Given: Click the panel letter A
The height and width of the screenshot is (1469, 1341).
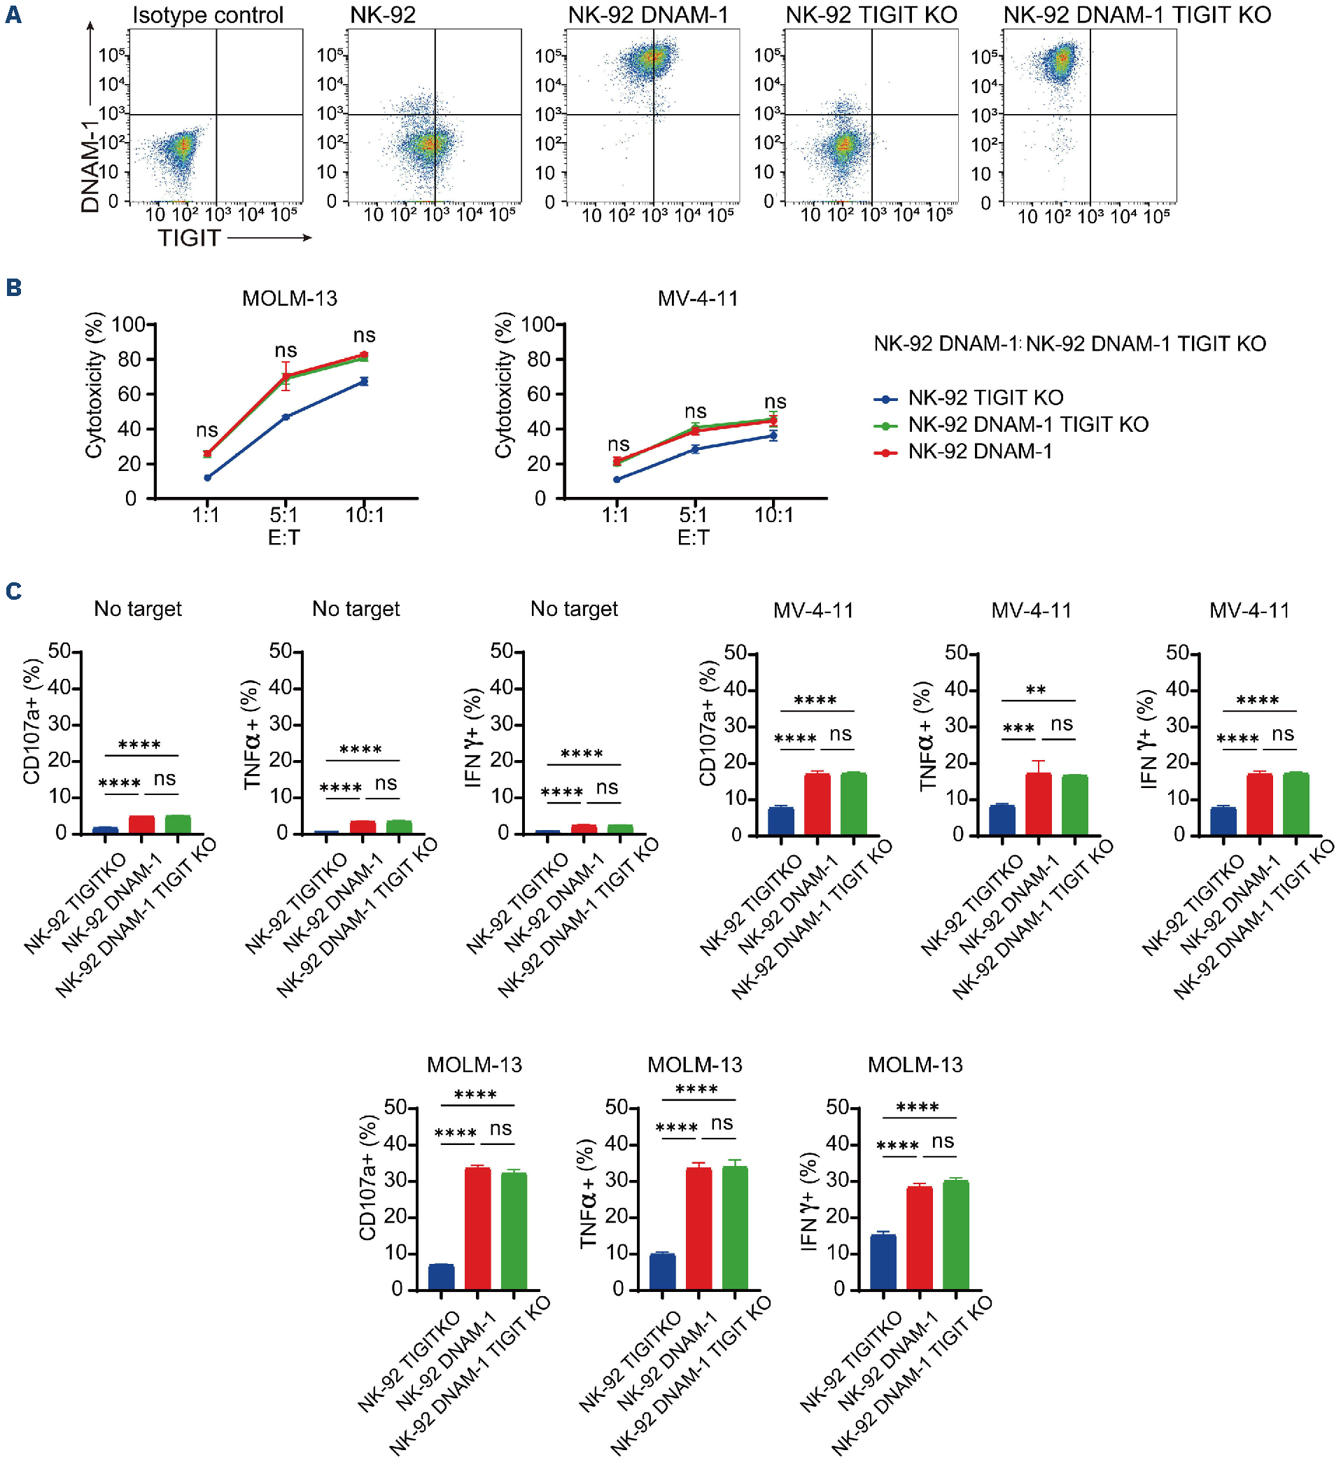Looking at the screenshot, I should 13,15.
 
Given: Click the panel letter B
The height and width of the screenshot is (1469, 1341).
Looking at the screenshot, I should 13,287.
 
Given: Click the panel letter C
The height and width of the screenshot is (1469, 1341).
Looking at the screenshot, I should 13,590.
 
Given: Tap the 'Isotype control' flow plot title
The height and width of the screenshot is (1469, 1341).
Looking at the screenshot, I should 208,15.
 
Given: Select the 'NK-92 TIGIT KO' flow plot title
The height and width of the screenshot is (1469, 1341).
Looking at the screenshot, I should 871,15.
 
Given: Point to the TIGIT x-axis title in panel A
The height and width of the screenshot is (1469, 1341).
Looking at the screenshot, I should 190,237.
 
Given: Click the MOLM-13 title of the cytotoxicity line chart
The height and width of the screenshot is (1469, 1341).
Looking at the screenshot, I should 289,298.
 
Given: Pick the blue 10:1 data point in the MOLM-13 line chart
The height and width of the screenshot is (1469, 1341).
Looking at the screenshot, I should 365,381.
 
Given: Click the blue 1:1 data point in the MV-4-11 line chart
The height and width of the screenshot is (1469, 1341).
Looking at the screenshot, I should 617,479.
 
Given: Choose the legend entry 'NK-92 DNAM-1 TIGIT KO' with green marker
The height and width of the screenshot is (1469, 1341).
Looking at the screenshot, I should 1027,424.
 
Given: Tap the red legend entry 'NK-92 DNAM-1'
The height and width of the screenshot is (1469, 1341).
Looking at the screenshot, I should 980,452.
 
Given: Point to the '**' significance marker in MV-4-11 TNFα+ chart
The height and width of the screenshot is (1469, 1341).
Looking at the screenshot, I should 1036,689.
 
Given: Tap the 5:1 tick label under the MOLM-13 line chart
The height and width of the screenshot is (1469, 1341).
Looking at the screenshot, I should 284,515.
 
